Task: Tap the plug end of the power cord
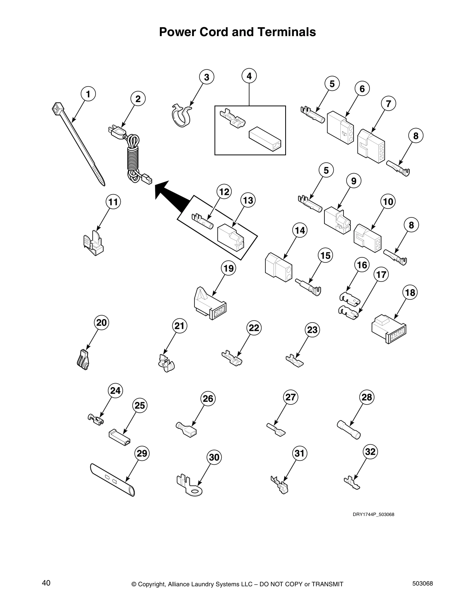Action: coord(116,132)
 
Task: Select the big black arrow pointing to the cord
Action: coord(173,193)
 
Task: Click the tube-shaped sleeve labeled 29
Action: coord(113,480)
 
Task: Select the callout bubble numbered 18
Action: coord(410,292)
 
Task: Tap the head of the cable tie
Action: coord(58,108)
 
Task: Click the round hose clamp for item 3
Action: coord(181,116)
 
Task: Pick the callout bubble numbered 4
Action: coord(249,76)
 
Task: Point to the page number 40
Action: coord(46,583)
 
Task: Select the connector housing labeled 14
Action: coord(278,268)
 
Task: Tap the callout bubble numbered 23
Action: coord(312,330)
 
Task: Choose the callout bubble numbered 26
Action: coord(208,399)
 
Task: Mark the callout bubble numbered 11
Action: coord(113,202)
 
